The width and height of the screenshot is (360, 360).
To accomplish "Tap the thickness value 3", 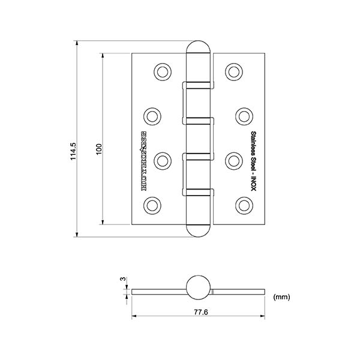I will click(122, 279).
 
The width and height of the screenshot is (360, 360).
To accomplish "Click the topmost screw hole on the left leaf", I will click(161, 71).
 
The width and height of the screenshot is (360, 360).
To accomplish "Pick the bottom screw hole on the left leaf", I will click(152, 205).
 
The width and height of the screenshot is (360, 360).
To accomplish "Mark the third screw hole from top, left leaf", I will click(161, 161).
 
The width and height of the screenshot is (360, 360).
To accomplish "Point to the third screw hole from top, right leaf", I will click(233, 161).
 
